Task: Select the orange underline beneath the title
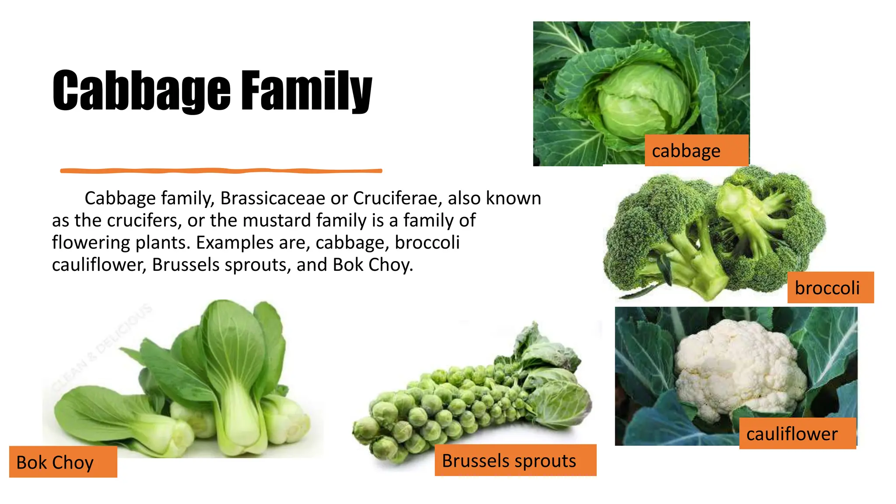(221, 171)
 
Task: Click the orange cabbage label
(696, 150)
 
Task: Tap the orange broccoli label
(830, 287)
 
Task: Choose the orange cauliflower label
(797, 434)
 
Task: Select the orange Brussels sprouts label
(515, 460)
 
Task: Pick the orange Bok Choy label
(63, 462)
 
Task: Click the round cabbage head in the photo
(642, 101)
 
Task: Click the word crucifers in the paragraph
(142, 220)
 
